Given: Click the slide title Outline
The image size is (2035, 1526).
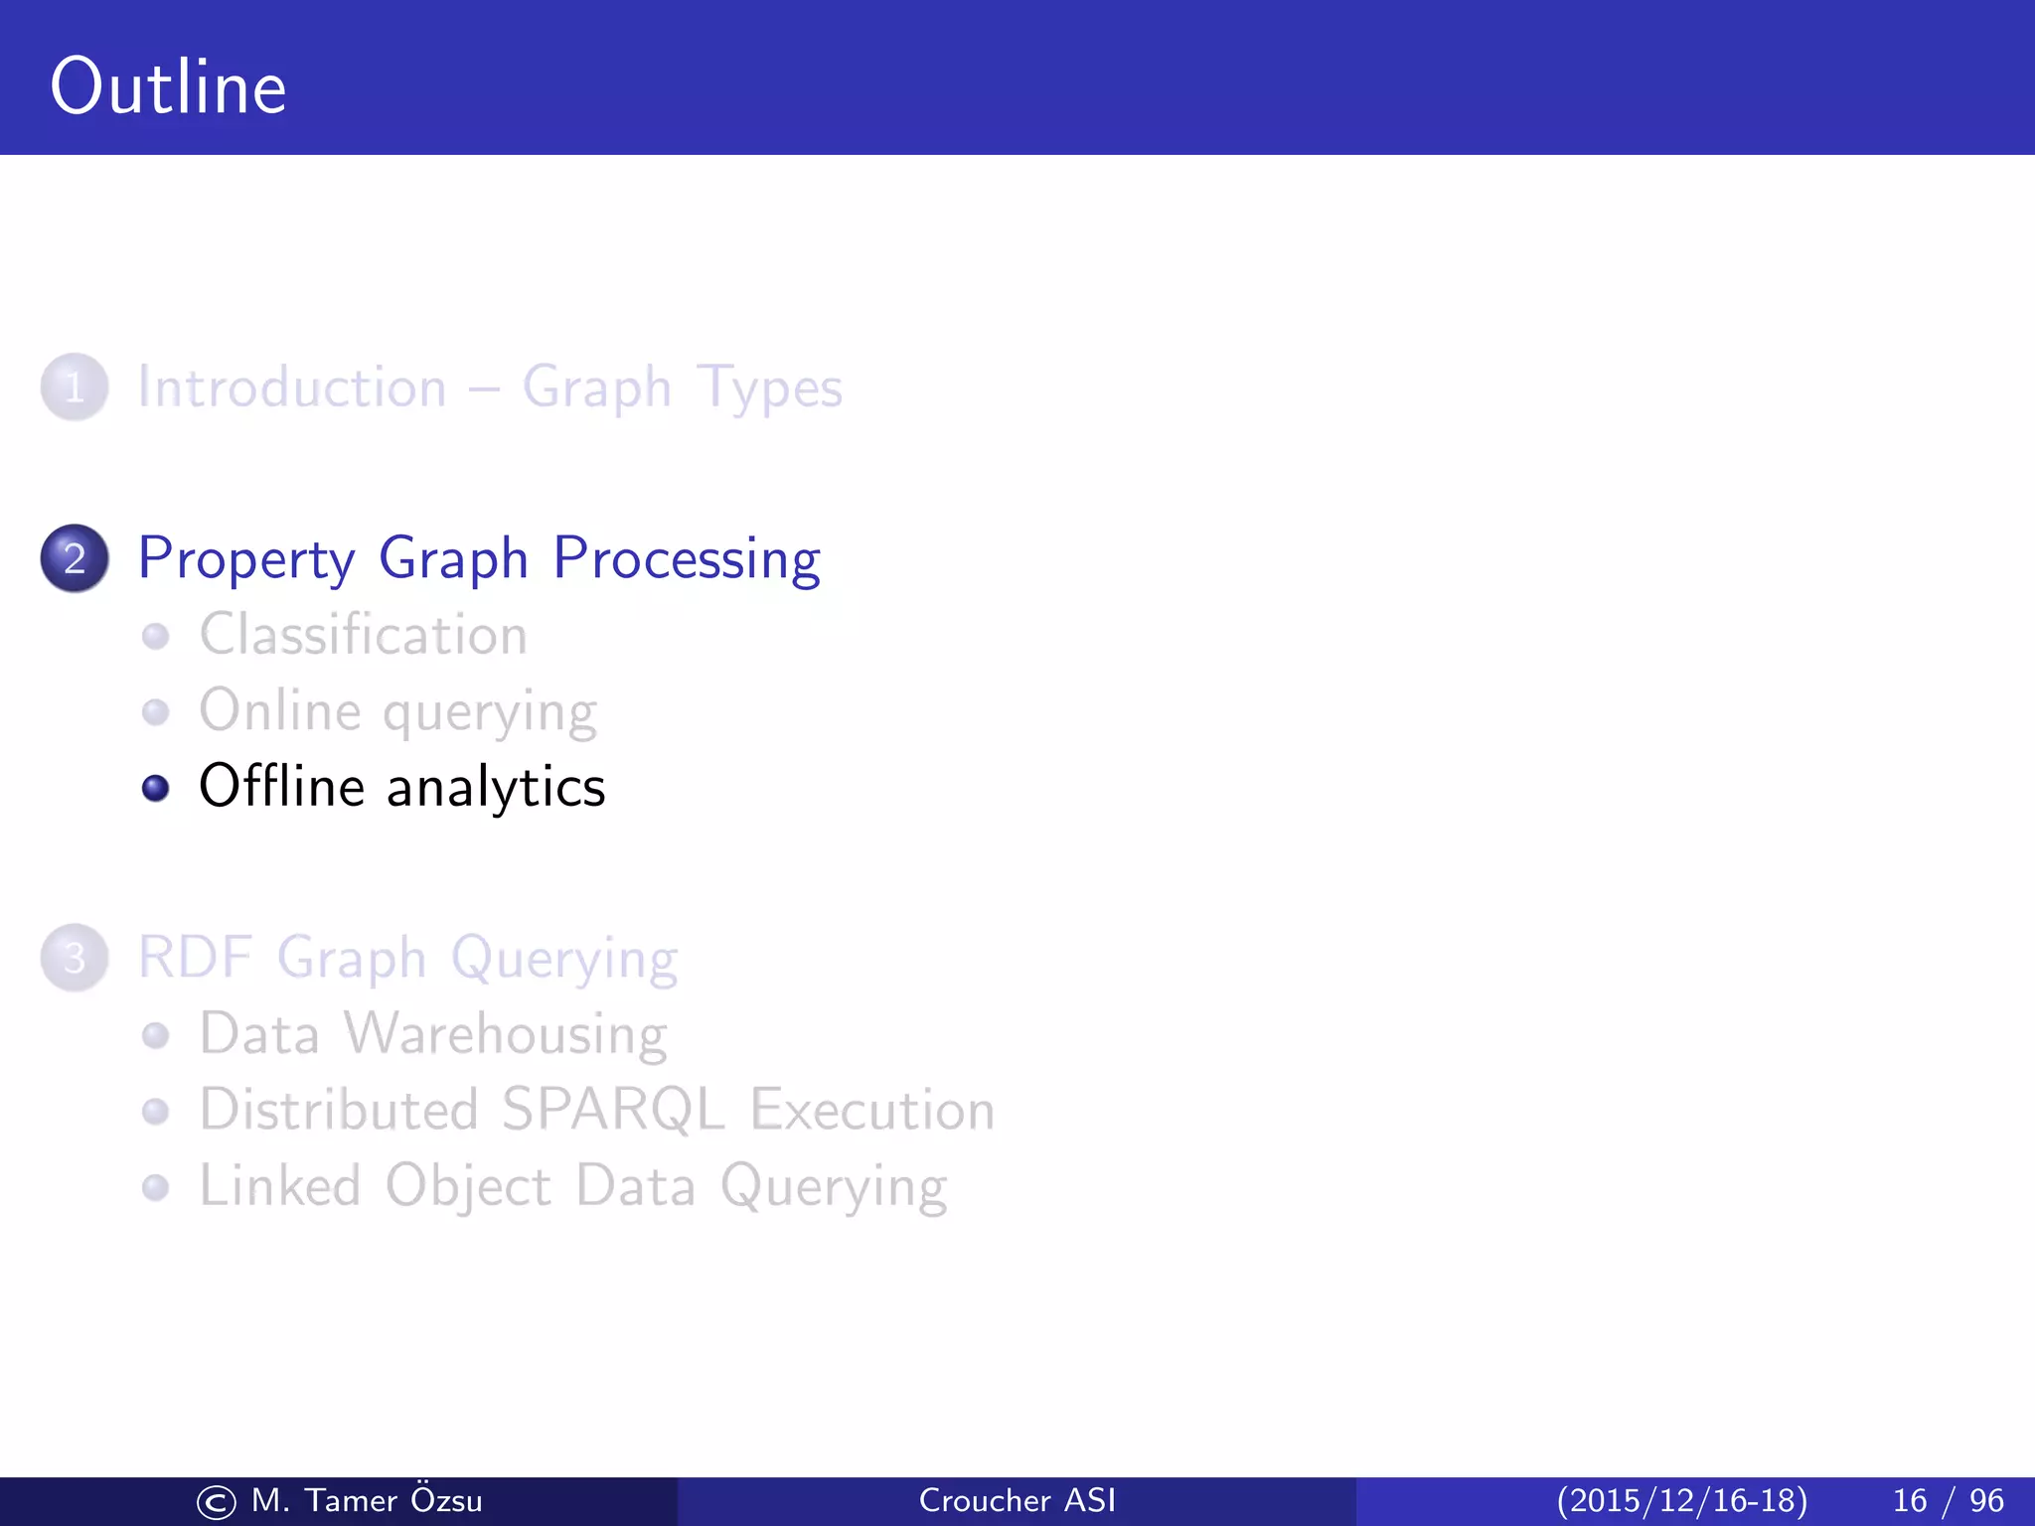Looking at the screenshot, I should (168, 87).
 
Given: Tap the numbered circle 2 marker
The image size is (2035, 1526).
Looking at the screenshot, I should (75, 558).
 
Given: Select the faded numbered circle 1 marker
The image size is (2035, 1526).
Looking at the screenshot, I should (75, 387).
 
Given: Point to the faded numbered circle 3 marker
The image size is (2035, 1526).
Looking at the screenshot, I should (75, 959).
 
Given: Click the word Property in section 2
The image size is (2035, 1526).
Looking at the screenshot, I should (245, 559).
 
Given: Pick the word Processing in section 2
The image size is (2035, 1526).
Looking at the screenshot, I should (686, 559).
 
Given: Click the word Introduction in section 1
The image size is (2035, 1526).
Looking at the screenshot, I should (292, 386).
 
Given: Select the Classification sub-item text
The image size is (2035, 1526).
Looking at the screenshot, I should (363, 635).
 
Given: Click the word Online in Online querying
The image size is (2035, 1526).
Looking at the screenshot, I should (280, 710).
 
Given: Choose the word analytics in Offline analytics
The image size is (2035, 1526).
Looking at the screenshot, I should (495, 788).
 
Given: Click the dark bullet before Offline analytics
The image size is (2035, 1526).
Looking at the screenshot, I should (155, 788).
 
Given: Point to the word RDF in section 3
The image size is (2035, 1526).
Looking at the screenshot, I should (195, 958).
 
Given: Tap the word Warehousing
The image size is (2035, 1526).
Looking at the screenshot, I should (505, 1034).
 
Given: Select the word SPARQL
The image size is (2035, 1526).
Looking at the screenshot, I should (612, 1110).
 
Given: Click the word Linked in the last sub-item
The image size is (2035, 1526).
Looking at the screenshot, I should (279, 1186).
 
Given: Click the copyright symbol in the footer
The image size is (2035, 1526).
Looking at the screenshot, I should (216, 1502).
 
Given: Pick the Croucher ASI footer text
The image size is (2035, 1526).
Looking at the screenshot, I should (1017, 1500).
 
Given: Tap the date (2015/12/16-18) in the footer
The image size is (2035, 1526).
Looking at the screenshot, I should (1681, 1500).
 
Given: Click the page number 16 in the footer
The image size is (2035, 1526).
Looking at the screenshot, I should (1909, 1500).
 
